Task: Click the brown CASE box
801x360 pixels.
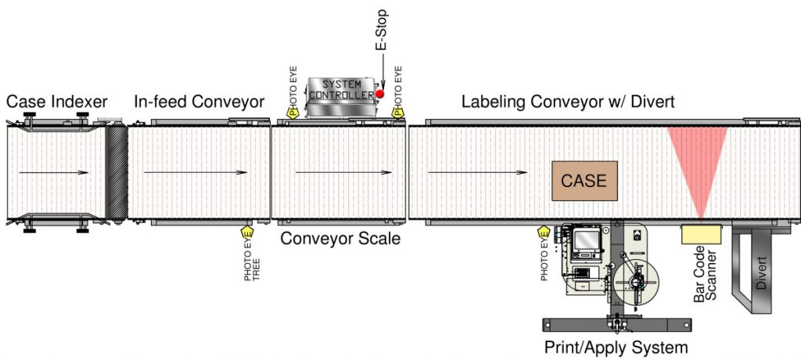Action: tap(584, 180)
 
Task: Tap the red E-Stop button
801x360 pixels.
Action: tap(380, 94)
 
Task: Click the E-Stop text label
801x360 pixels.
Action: tap(383, 31)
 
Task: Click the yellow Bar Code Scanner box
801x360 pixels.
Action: tap(701, 234)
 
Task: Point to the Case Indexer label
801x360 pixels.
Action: tap(56, 101)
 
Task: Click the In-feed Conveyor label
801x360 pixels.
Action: tap(199, 101)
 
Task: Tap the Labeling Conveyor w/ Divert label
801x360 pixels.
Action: tap(568, 101)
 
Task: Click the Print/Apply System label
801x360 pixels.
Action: tap(616, 347)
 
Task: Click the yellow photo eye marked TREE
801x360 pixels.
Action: tap(248, 233)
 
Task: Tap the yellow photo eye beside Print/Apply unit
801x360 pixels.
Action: tap(545, 233)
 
